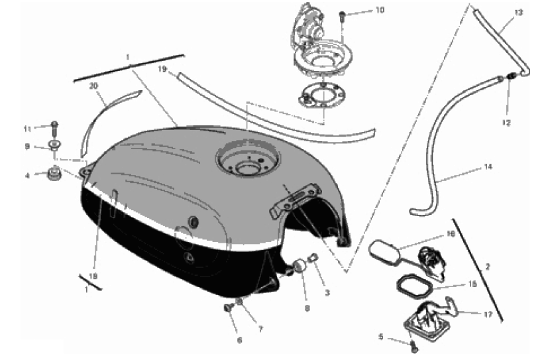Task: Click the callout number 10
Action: coord(380,10)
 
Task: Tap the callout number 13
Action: coord(519,13)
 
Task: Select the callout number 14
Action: coord(488,166)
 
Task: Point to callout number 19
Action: coord(162,69)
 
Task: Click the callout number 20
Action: coord(93,86)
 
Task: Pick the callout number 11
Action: coord(27,129)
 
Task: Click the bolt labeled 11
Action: coord(54,129)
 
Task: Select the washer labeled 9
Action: coord(54,145)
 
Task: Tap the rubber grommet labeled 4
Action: coord(54,174)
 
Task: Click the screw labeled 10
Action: coord(342,16)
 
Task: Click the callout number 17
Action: coord(488,314)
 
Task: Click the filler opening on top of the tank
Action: coord(248,160)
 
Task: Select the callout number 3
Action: coord(327,293)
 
